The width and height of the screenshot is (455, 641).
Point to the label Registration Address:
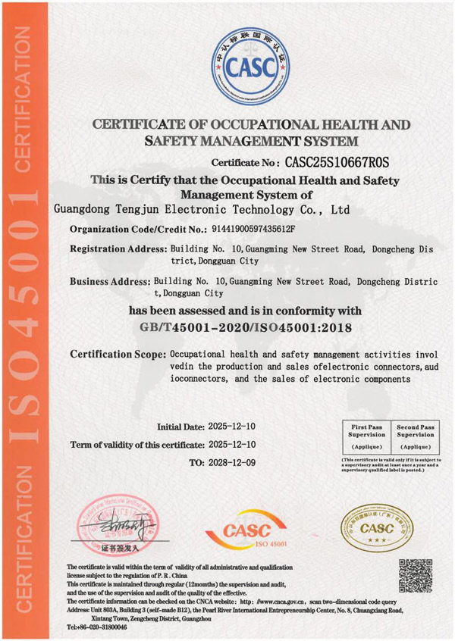(118, 249)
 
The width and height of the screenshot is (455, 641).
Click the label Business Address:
(110, 281)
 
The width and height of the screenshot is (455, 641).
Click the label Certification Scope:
(118, 355)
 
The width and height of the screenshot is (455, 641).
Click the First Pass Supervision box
(366, 438)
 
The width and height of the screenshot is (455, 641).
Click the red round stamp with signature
(115, 526)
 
